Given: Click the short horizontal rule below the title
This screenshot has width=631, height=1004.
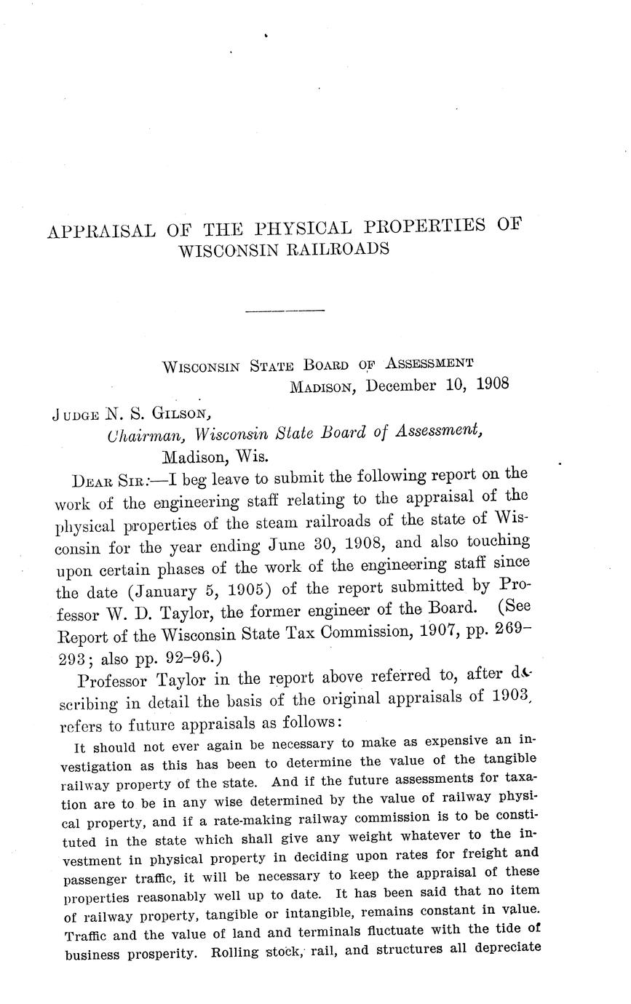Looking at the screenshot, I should click(x=285, y=311).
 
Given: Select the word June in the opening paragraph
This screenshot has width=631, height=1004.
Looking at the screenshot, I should click(x=290, y=544).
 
